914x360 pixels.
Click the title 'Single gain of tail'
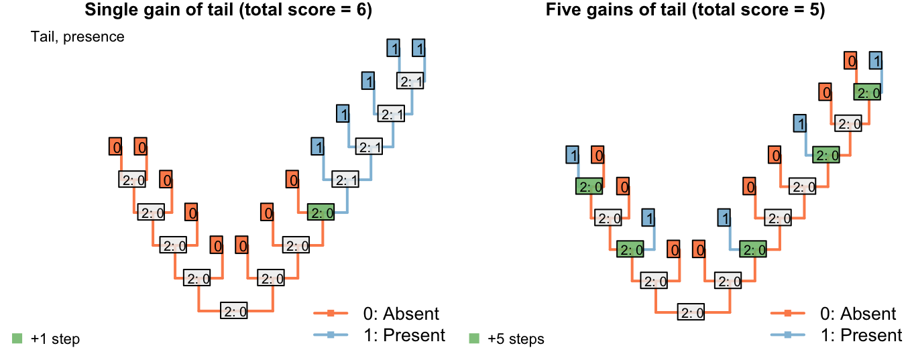(x=159, y=9)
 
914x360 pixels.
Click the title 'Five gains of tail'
(x=616, y=9)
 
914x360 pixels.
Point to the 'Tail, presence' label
(x=78, y=37)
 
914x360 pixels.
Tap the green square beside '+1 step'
(x=17, y=339)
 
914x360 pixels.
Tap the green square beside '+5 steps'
(x=474, y=339)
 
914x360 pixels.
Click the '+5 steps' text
(x=516, y=339)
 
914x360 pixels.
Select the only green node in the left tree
(x=321, y=212)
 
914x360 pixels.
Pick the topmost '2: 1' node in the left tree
(x=410, y=80)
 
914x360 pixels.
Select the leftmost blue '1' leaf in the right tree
(x=572, y=155)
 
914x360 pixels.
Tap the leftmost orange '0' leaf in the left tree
(x=115, y=146)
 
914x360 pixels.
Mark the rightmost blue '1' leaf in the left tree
(x=418, y=48)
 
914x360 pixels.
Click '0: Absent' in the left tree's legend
(x=401, y=314)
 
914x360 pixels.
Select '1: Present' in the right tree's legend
(x=861, y=335)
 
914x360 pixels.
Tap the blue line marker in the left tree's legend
(x=331, y=335)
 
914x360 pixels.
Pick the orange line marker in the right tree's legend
(x=787, y=313)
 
